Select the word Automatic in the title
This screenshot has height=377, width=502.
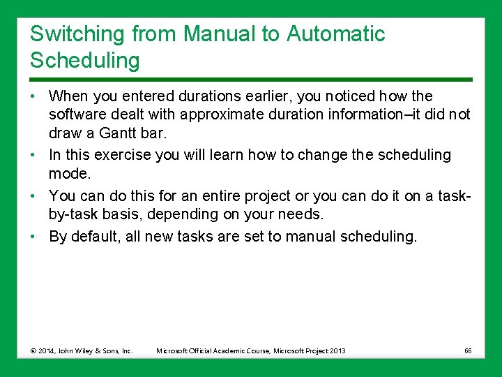point(335,34)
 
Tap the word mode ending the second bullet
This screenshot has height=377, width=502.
point(68,174)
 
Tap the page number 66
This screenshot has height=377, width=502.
point(467,350)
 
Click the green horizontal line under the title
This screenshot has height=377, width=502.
point(251,80)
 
